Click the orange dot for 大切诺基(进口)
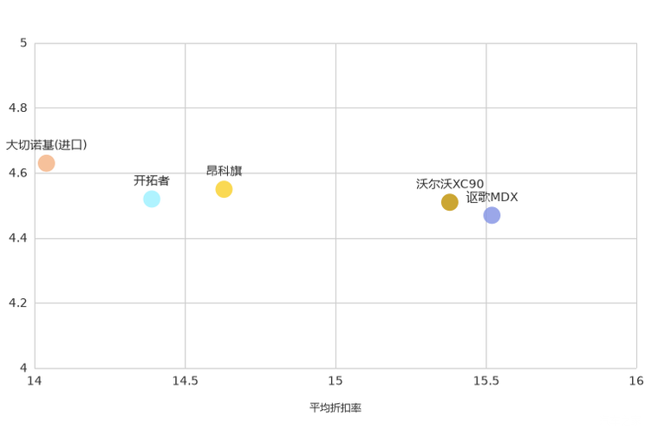click(47, 163)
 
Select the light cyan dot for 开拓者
click(152, 199)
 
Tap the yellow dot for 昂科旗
click(224, 189)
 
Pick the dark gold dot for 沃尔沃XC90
click(450, 202)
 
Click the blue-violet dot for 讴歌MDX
click(492, 215)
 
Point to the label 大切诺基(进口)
click(47, 145)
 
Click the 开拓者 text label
click(152, 180)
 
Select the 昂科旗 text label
click(225, 171)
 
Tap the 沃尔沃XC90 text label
click(450, 184)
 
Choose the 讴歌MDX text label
click(492, 197)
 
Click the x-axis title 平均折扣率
click(336, 407)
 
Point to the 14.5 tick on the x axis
click(186, 381)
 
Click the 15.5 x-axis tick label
click(486, 381)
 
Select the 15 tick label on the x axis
click(336, 381)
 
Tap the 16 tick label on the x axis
click(636, 381)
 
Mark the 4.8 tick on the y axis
click(17, 107)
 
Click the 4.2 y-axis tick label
click(17, 303)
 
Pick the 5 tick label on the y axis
click(23, 42)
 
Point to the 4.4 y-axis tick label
click(17, 238)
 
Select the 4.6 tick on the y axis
click(17, 173)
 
